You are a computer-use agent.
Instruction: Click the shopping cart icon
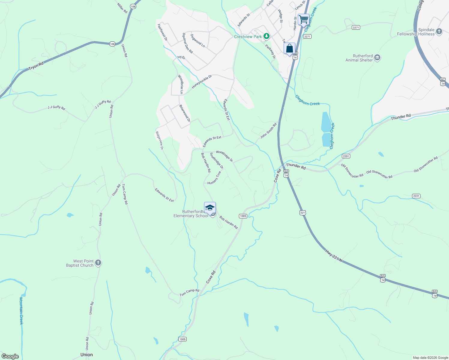tap(303, 20)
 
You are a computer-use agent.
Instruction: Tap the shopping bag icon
tap(289, 49)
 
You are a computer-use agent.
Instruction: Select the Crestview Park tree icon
tap(266, 37)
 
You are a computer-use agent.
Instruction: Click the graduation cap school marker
tap(210, 208)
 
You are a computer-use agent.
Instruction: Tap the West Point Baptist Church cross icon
tap(98, 263)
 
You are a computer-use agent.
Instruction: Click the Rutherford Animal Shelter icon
tap(378, 58)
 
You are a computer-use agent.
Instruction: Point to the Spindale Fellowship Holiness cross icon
tap(439, 31)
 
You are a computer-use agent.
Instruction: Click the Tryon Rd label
tap(36, 66)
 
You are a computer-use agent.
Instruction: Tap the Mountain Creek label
tap(21, 311)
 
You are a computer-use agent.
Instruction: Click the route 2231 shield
tap(416, 196)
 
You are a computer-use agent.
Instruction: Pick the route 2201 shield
tap(346, 156)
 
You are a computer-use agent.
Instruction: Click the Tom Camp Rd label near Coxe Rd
tap(189, 292)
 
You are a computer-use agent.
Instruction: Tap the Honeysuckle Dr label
tap(202, 81)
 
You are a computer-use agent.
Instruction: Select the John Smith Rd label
tap(268, 131)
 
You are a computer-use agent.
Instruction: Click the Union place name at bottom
tap(86, 355)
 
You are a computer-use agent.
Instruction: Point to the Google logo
tap(10, 356)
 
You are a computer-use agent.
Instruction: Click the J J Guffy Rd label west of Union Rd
tap(56, 107)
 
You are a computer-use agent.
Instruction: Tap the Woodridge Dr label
tap(224, 156)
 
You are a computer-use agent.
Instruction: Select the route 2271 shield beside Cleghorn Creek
tap(307, 37)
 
